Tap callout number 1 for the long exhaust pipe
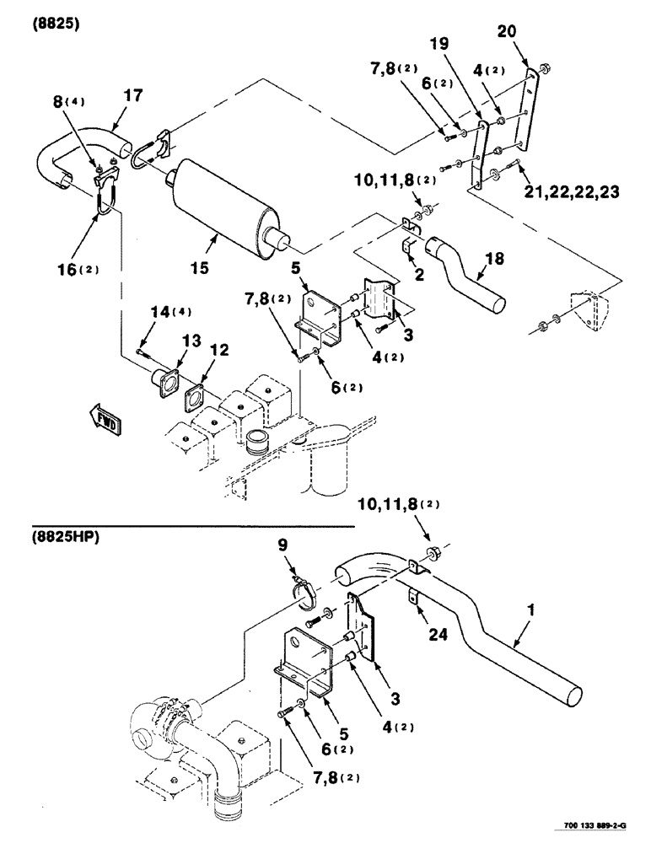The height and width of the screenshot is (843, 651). coord(526,628)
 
